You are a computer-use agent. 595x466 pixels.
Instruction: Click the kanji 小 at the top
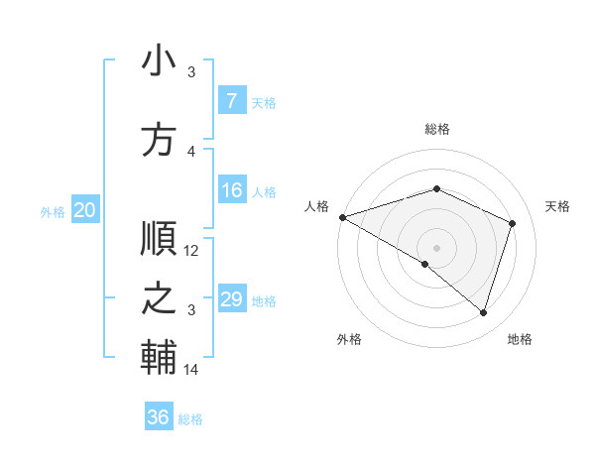click(x=159, y=64)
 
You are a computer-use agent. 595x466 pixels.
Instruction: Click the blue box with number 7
click(x=231, y=101)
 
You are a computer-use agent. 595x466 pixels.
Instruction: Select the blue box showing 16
click(x=231, y=191)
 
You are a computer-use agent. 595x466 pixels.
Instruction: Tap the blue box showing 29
click(x=231, y=299)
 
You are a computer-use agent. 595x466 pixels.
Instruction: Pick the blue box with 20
click(x=85, y=210)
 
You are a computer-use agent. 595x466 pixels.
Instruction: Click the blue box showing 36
click(x=158, y=417)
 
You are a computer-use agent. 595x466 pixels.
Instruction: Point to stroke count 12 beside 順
click(x=192, y=251)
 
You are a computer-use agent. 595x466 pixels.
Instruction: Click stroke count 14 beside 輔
click(x=192, y=370)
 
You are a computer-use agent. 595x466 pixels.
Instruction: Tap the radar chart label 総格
click(x=437, y=129)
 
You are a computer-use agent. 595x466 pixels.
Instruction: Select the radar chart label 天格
click(x=557, y=206)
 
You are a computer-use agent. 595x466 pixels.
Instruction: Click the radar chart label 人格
click(x=316, y=206)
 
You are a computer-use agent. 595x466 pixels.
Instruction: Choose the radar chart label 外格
click(x=349, y=340)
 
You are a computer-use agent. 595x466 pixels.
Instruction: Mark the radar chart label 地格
click(x=520, y=340)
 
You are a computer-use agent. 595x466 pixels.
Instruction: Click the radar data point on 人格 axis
click(x=342, y=217)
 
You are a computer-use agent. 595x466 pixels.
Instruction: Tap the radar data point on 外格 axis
click(x=425, y=264)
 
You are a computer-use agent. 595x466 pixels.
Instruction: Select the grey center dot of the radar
click(x=436, y=247)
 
